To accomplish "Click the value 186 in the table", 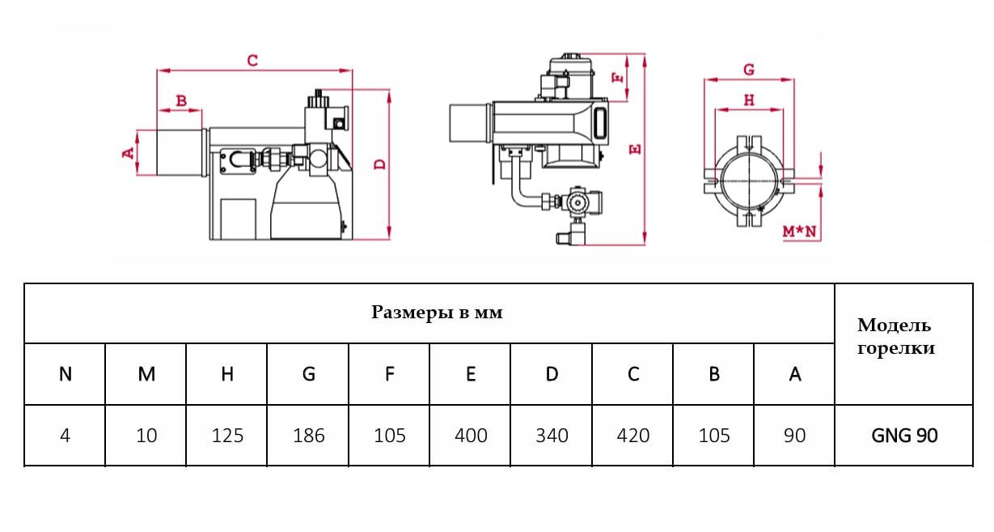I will coord(308,436).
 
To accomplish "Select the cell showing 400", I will coord(471,436).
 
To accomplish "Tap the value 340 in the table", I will coord(552,436).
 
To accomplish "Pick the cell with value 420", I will coord(632,436).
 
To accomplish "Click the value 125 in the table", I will coord(227,436).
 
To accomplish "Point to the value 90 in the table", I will coord(794,436).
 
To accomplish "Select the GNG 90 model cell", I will coord(904,436).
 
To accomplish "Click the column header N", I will coord(66,374).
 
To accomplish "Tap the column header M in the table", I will coord(146,374).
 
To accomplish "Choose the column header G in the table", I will coord(308,374).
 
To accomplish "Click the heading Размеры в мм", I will coord(437,313).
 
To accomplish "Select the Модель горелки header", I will coord(895,337).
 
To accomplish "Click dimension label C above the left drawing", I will coord(252,61).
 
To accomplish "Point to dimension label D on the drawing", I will coord(380,164).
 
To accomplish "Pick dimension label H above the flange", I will coord(749,100).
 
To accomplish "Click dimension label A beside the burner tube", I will coord(128,152).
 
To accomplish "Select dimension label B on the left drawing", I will coord(181,101).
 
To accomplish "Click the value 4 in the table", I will coord(66,436).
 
